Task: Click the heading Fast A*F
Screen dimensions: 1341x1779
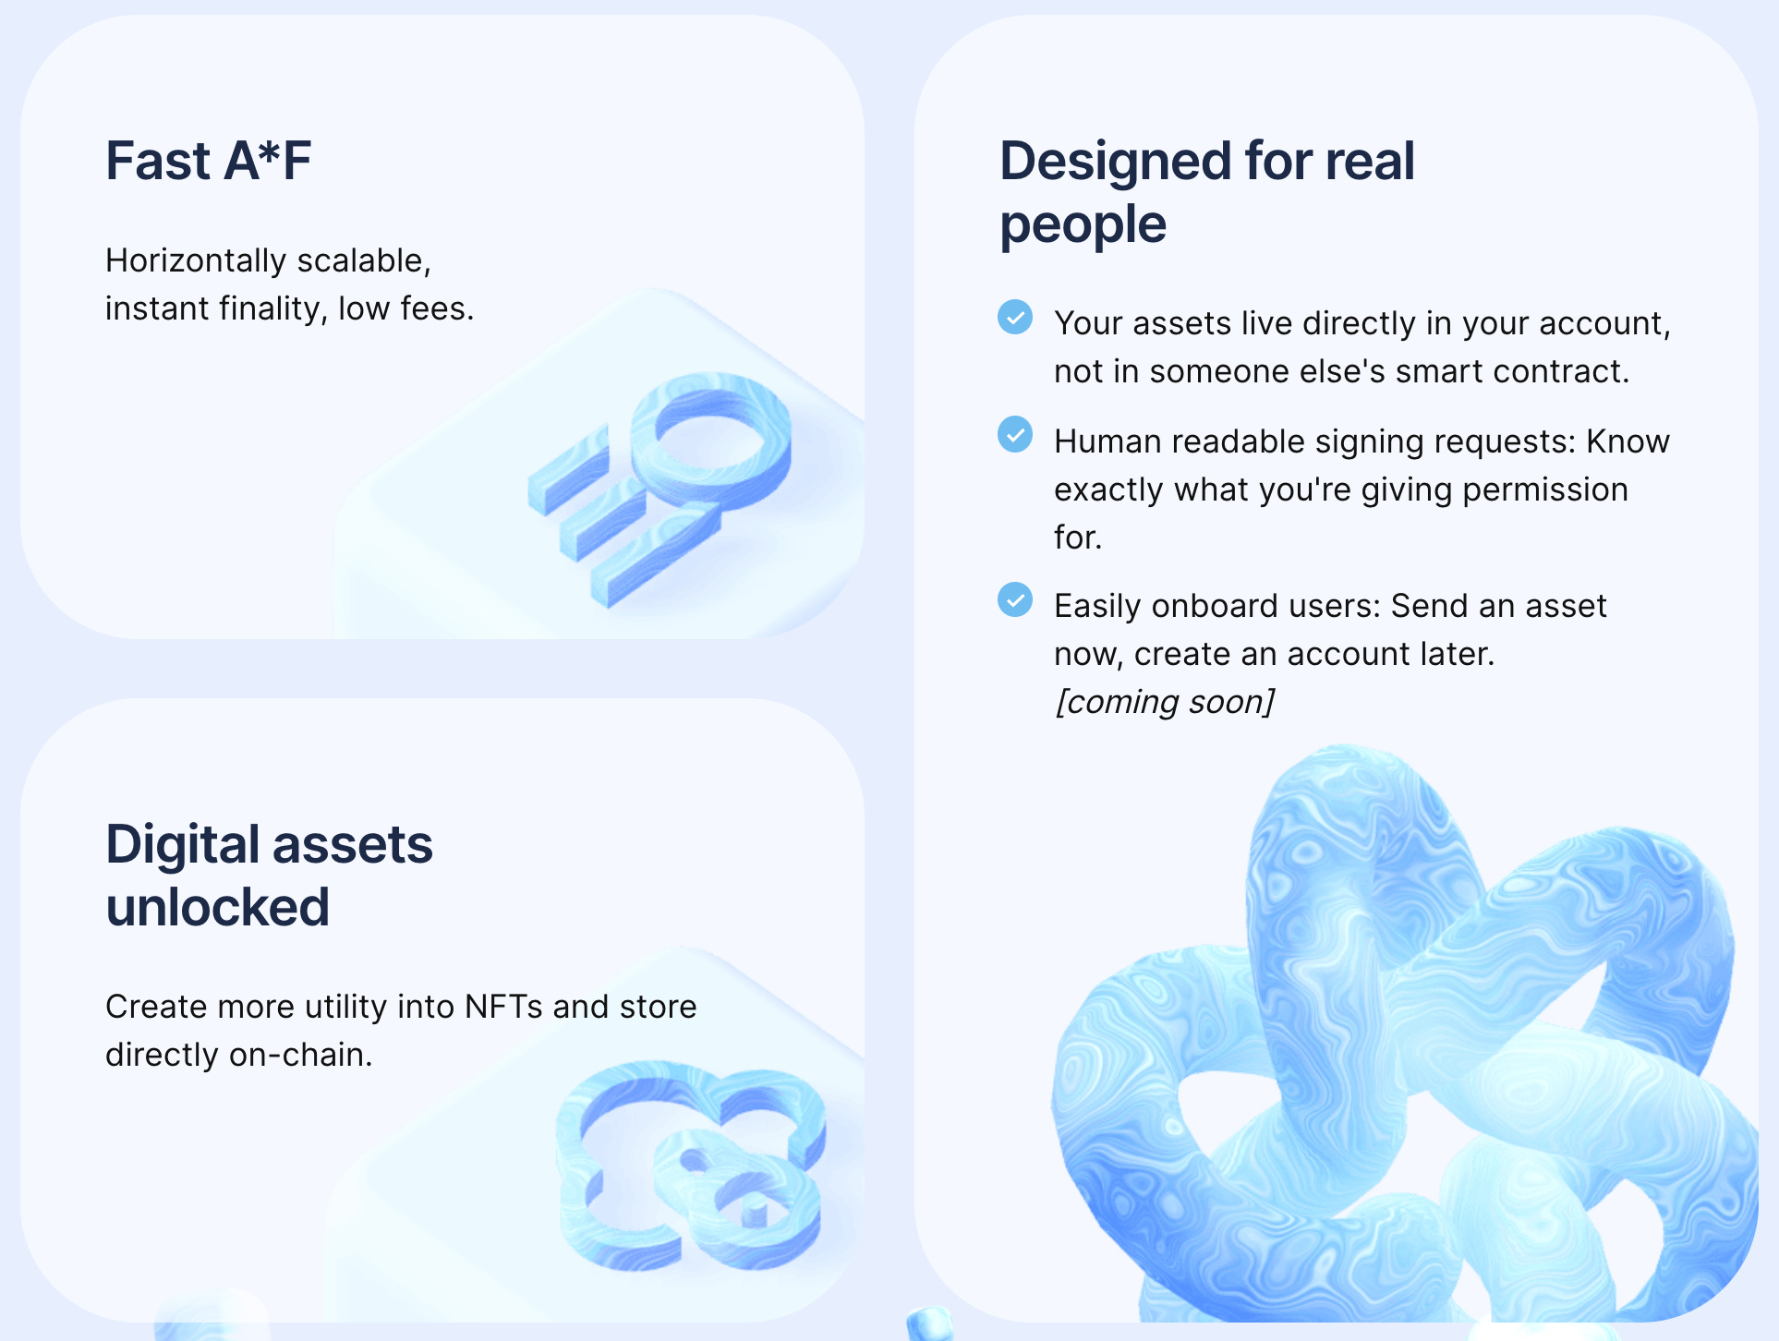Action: click(x=208, y=161)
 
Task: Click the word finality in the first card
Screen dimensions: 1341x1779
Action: click(x=272, y=308)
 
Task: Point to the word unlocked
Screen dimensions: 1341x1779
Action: click(x=217, y=907)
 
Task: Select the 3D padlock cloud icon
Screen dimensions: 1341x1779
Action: click(x=691, y=1166)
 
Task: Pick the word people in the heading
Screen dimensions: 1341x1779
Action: click(x=1083, y=223)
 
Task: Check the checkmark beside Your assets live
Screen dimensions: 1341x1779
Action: click(x=1015, y=317)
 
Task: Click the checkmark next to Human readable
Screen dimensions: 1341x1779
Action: click(x=1015, y=435)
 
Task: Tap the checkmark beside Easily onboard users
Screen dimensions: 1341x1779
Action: click(x=1015, y=599)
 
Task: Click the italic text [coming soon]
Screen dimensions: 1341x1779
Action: click(x=1165, y=702)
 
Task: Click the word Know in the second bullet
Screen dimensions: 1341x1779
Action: click(x=1628, y=441)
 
